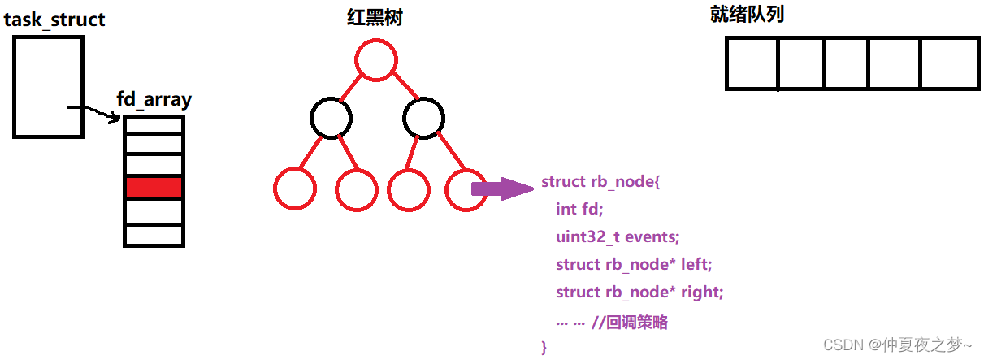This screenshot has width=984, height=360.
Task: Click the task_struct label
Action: pyautogui.click(x=54, y=19)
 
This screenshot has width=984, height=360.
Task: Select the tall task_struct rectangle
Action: pyautogui.click(x=48, y=86)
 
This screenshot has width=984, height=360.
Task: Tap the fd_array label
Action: pyautogui.click(x=154, y=100)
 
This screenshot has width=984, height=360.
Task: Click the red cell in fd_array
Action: pyautogui.click(x=154, y=188)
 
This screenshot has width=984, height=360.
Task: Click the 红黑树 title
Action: pyautogui.click(x=375, y=17)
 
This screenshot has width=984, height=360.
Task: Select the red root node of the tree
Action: pyautogui.click(x=375, y=60)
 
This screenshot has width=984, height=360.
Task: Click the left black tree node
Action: pyautogui.click(x=331, y=118)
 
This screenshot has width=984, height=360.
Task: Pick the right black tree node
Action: pyautogui.click(x=424, y=118)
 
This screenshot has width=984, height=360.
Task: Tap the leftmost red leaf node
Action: pyautogui.click(x=294, y=189)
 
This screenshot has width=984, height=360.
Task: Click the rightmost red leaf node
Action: pyautogui.click(x=466, y=189)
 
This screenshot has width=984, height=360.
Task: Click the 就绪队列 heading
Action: pyautogui.click(x=747, y=14)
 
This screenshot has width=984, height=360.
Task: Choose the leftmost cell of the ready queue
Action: pyautogui.click(x=752, y=63)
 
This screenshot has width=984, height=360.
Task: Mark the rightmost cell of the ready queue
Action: pyautogui.click(x=949, y=63)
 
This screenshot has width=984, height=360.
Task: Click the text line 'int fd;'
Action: pyautogui.click(x=578, y=209)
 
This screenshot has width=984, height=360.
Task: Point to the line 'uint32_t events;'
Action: pyautogui.click(x=618, y=236)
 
